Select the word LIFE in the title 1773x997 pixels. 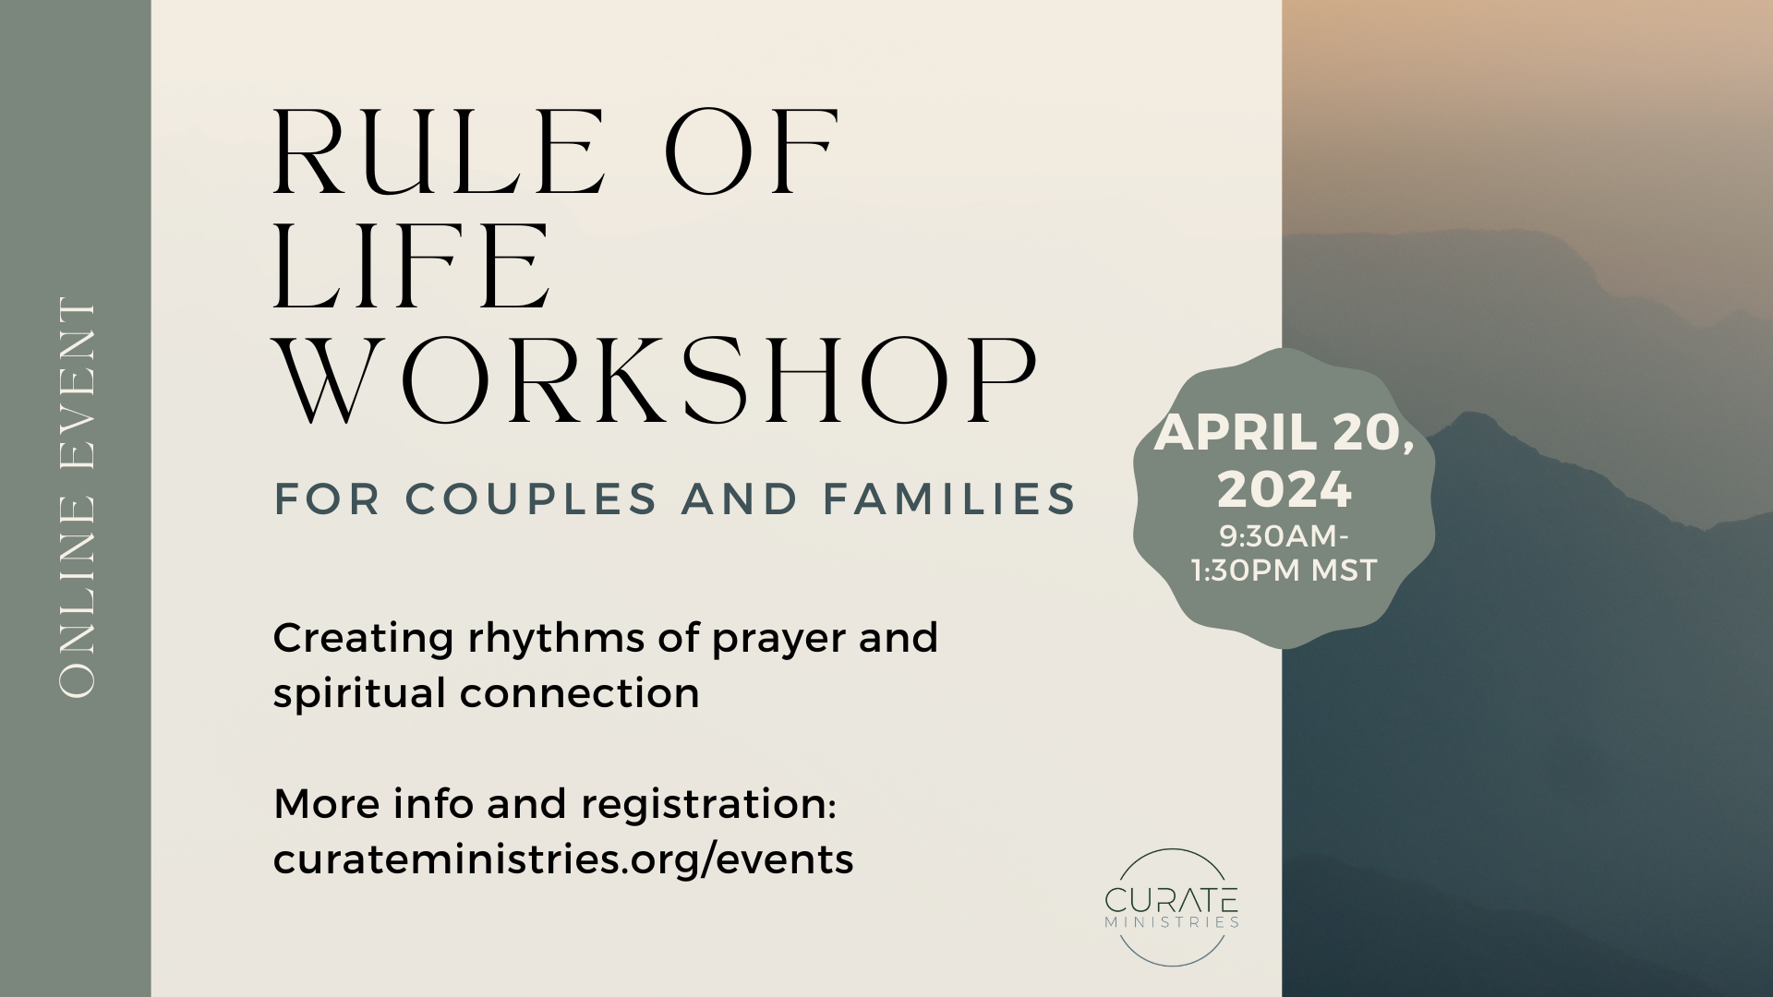tap(412, 268)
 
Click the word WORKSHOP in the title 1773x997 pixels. tap(657, 381)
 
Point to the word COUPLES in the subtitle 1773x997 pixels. tap(531, 498)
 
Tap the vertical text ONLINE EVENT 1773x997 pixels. tap(77, 498)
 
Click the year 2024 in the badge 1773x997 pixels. tap(1284, 489)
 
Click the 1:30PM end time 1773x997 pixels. tap(1247, 571)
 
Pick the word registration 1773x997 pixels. tap(708, 805)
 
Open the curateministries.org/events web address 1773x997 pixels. tap(563, 859)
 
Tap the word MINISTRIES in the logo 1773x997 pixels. tap(1172, 921)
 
